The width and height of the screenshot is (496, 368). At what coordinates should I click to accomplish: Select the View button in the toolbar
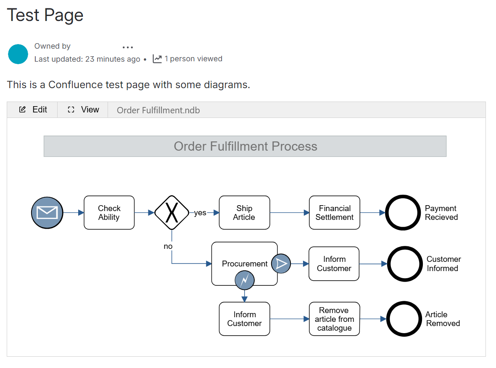point(83,110)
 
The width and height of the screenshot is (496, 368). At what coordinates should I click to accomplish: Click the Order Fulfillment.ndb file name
point(158,110)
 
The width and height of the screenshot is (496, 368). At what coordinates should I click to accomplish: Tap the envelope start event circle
point(47,213)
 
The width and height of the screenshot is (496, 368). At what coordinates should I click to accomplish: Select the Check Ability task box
point(109,213)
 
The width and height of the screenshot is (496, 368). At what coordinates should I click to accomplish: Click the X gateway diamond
point(171,213)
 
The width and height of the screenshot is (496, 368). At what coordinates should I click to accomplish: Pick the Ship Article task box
point(244,213)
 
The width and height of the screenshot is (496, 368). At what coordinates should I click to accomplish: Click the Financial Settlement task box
point(335,213)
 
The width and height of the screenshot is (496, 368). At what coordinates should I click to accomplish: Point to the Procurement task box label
point(244,264)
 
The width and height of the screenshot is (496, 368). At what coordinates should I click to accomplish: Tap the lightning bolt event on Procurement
point(245,280)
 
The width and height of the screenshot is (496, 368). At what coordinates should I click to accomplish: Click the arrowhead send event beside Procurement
point(281,264)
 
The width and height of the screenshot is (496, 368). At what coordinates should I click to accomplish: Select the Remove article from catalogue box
point(335,319)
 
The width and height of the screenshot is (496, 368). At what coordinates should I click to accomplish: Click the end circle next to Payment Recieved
point(403,213)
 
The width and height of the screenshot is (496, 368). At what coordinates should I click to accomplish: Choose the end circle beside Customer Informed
point(404,264)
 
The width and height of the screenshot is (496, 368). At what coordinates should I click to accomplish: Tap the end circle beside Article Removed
point(404,319)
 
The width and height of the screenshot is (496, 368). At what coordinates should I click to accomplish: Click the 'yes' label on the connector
point(200,213)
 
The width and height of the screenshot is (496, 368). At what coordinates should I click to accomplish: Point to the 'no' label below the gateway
point(168,246)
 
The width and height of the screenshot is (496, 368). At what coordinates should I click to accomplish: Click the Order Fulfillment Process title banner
point(245,146)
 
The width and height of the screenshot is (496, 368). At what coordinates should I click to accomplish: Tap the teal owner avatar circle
point(18,54)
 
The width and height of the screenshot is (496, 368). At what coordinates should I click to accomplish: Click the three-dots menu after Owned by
point(128,47)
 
